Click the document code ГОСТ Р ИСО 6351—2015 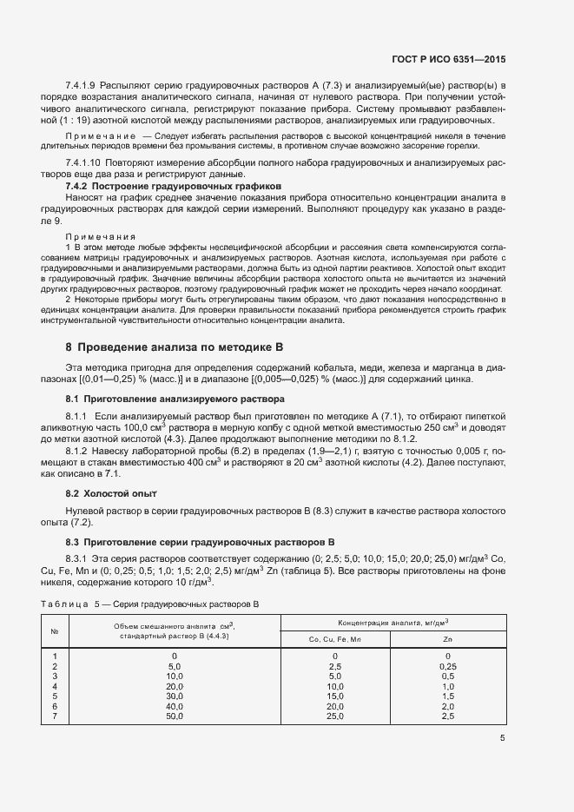pos(449,58)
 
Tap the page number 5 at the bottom pos(503,739)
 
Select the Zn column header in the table pos(447,640)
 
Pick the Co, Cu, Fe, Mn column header pos(334,640)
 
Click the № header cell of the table pos(55,631)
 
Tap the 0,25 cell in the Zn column pos(447,665)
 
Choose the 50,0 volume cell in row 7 pos(175,716)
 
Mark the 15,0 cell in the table pos(334,696)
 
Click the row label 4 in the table pos(55,685)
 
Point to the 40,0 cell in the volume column pos(175,705)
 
